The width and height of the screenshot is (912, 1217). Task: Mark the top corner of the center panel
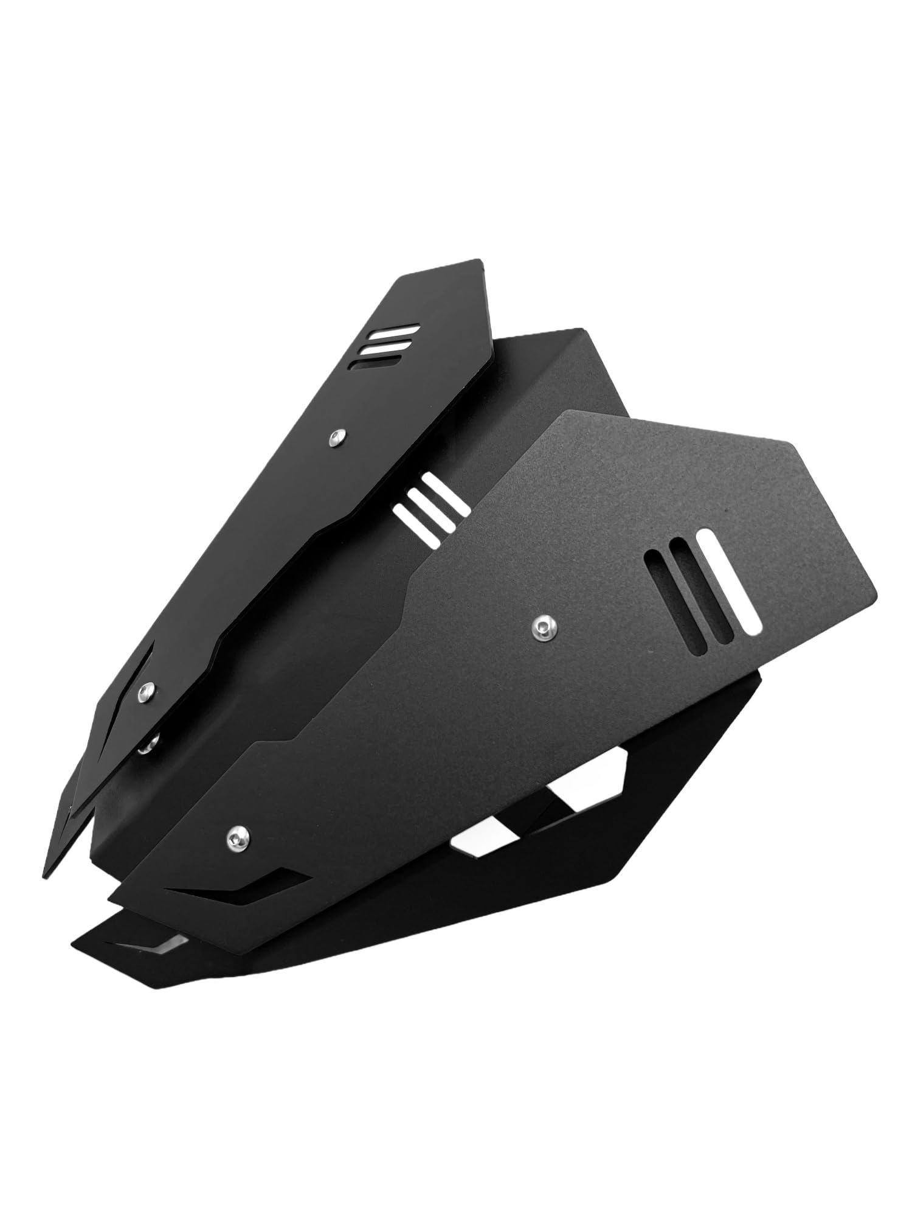pyautogui.click(x=581, y=329)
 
